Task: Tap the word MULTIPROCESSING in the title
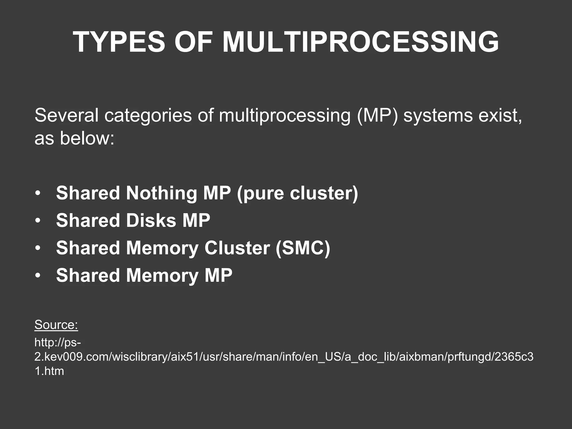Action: (361, 42)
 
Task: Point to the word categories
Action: (148, 116)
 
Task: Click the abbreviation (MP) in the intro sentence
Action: (377, 116)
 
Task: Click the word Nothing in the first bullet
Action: (162, 193)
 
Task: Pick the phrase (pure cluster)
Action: (297, 194)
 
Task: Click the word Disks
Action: (151, 220)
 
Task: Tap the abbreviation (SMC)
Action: (303, 248)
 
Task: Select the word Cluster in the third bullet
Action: (237, 248)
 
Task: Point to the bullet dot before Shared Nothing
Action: (38, 194)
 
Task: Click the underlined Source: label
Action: (56, 325)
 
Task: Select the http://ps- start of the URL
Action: (58, 343)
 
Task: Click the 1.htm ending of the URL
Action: (49, 371)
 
